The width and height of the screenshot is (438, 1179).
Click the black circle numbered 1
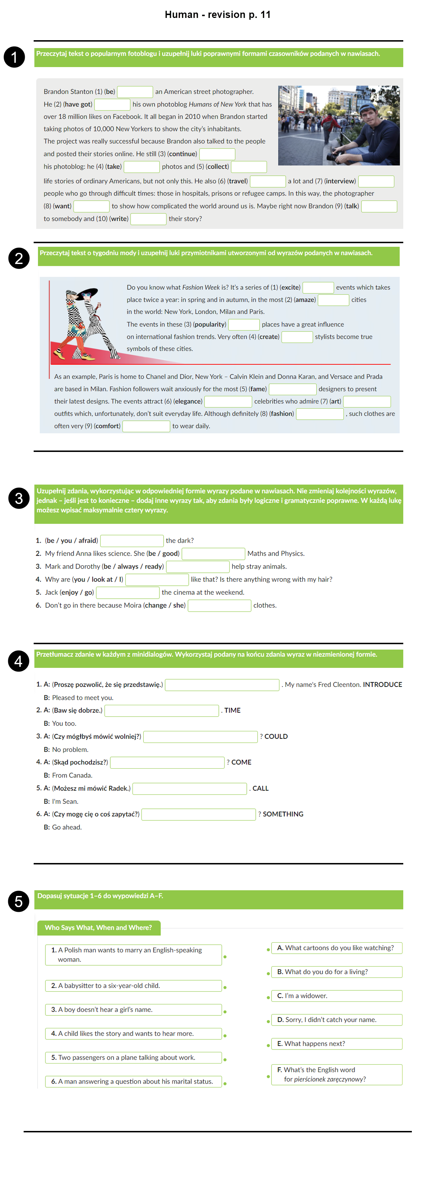pos(14,57)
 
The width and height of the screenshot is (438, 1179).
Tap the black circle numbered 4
pos(19,661)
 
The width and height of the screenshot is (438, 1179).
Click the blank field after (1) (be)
pos(135,92)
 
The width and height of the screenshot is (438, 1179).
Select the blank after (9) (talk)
pos(379,206)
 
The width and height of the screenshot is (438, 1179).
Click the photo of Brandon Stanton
pos(338,126)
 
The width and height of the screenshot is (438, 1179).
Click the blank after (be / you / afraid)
pos(132,541)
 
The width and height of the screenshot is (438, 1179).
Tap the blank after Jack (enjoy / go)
pos(127,593)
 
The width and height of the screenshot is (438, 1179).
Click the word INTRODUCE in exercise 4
pos(382,685)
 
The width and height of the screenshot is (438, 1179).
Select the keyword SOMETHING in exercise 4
pos(283,814)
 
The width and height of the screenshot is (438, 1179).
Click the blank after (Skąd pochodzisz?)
pos(167,763)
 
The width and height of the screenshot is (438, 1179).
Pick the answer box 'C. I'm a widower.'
pos(337,996)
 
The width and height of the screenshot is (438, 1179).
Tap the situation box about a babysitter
pos(133,986)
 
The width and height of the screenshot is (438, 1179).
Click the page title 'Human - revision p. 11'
pos(218,15)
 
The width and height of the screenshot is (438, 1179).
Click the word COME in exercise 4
pos(241,763)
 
